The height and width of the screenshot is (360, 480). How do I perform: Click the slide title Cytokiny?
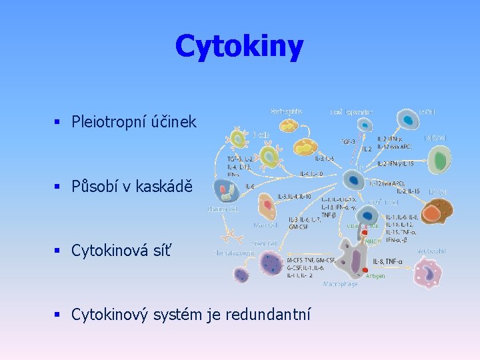(x=239, y=47)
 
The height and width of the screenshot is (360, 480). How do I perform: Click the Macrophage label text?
(x=341, y=284)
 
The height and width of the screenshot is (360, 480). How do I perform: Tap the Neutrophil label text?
(x=432, y=251)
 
